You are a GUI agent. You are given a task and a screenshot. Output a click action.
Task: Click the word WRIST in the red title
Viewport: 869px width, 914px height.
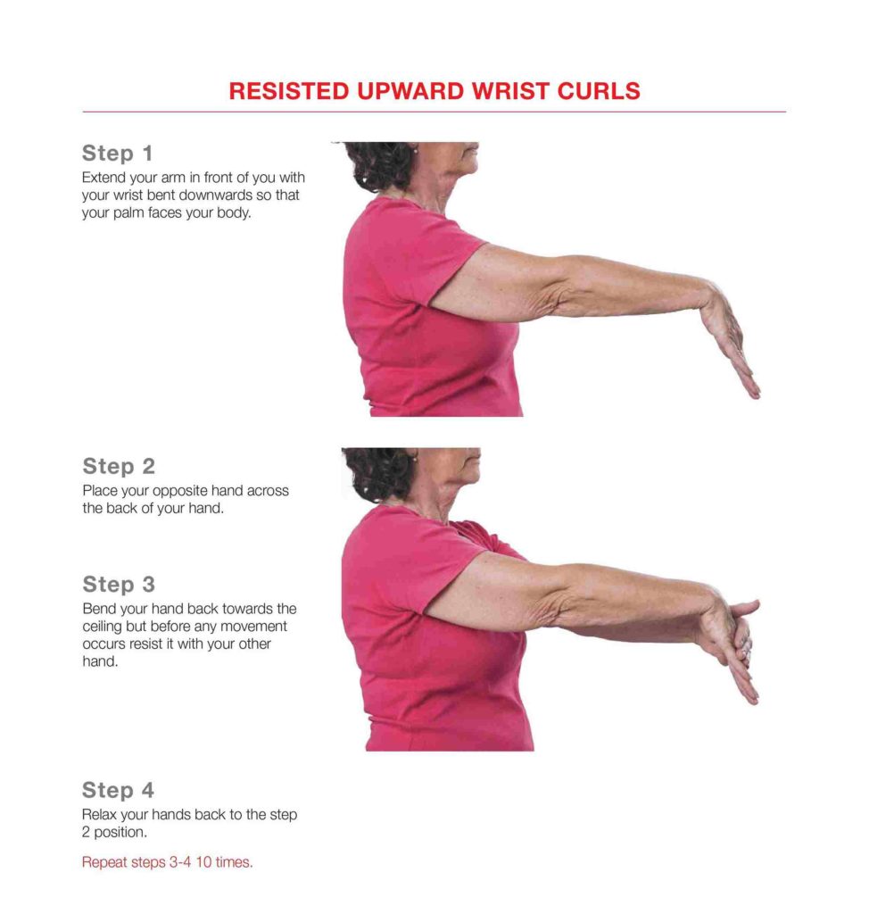point(510,91)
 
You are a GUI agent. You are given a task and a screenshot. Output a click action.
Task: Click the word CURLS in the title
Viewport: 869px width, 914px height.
point(599,91)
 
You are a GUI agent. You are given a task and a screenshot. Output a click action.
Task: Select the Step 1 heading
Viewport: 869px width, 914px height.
point(117,154)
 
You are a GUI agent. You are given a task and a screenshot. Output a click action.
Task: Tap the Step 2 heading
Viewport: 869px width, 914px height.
point(119,466)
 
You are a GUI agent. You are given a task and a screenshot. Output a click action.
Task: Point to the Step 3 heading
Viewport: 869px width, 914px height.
point(119,584)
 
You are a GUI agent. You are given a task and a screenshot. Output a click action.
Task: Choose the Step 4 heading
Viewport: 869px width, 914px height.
point(118,791)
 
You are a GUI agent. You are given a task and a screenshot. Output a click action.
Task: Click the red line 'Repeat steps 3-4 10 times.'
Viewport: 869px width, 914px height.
point(167,862)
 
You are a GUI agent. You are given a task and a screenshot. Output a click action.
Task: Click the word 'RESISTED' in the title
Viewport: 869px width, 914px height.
point(288,91)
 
